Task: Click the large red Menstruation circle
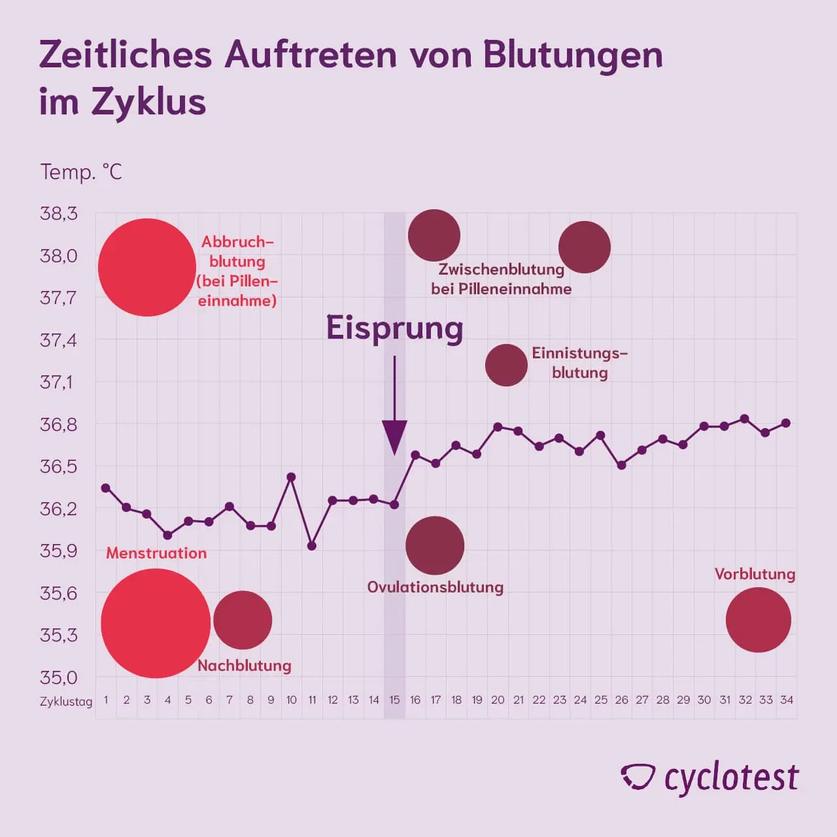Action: (x=156, y=623)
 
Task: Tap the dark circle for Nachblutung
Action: (x=243, y=620)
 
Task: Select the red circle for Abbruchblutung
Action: (x=147, y=267)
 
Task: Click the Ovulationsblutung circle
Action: (x=435, y=545)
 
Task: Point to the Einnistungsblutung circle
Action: (x=506, y=365)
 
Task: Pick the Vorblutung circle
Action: (x=759, y=620)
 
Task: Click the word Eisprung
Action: (x=394, y=328)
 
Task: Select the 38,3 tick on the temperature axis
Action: (x=59, y=213)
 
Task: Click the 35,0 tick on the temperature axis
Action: (x=59, y=677)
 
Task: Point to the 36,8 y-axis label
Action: (x=59, y=424)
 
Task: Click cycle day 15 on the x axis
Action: (x=394, y=700)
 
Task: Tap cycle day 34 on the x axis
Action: (x=787, y=700)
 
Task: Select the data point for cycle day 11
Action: (x=312, y=545)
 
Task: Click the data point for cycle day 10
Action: (x=292, y=477)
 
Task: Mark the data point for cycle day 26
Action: (x=622, y=465)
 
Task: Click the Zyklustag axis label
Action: (x=66, y=702)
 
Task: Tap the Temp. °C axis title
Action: (x=81, y=172)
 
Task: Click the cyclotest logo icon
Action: (x=638, y=777)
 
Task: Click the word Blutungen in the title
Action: (x=573, y=55)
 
